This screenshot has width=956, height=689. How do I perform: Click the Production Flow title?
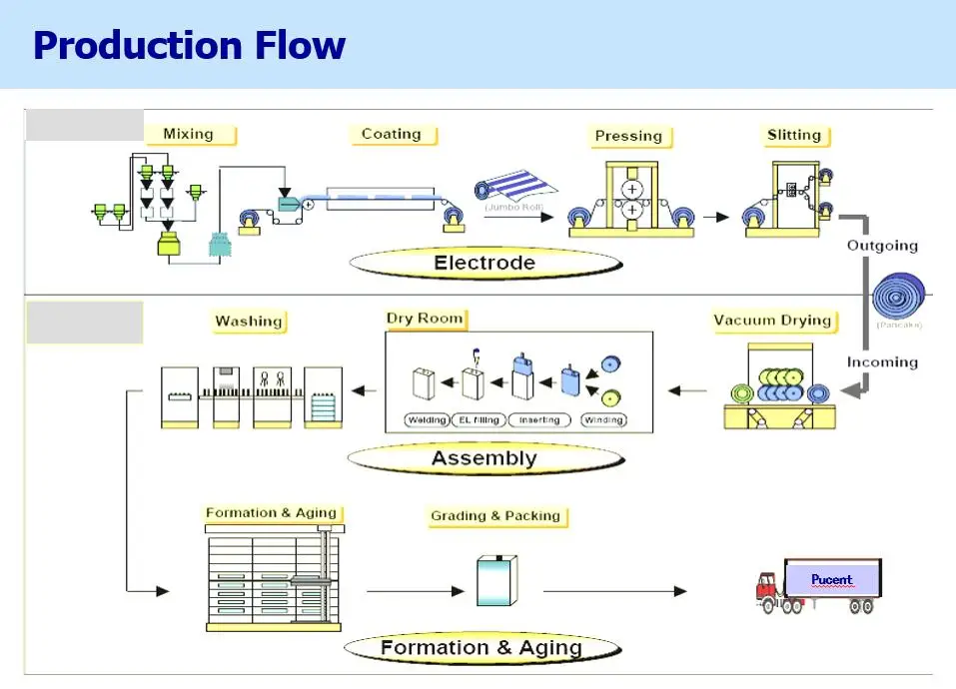point(190,45)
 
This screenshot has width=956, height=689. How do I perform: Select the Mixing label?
point(188,134)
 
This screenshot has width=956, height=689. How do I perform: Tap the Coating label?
point(391,134)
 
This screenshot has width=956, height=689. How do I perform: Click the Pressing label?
point(628,136)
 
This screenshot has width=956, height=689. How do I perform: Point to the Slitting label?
point(794,135)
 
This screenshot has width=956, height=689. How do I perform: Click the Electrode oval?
point(484,264)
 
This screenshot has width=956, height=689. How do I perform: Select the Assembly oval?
point(484,458)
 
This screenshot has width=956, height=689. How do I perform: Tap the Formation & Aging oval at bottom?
point(480,647)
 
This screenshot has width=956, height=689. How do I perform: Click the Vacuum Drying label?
point(772,321)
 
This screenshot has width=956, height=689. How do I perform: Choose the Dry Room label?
point(426,319)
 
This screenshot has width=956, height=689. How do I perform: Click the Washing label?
point(249,322)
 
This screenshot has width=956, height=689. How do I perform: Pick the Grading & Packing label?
point(495,516)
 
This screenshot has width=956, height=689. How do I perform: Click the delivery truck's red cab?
point(767,590)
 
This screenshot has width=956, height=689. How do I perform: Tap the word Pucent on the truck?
point(832,579)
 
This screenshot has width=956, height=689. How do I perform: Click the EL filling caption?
point(478,420)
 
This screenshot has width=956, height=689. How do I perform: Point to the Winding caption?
point(603,420)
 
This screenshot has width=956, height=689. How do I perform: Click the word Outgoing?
point(882,245)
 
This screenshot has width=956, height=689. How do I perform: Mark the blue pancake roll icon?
point(899,298)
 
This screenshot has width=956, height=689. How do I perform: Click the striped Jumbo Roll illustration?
point(516,190)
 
